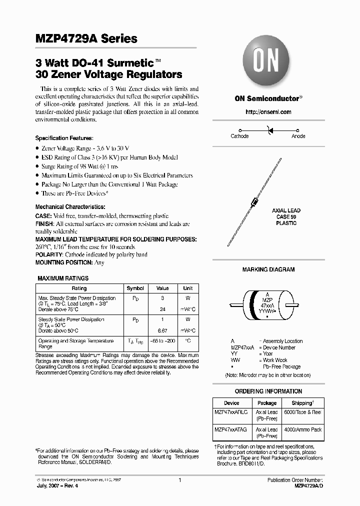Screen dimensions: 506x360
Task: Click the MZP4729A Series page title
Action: point(86,39)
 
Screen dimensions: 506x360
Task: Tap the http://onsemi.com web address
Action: point(268,112)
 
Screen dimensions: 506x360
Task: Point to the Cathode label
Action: point(239,136)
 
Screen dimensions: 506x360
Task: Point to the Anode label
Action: point(298,136)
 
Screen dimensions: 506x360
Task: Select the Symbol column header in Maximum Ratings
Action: point(135,288)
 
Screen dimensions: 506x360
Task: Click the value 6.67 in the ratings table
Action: point(162,331)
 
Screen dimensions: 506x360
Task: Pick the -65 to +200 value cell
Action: point(162,341)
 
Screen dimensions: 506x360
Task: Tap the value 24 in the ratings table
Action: point(162,309)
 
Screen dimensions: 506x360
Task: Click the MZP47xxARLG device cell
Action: point(231,412)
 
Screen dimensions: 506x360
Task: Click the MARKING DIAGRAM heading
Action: point(268,269)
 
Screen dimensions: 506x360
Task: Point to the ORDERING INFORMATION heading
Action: point(268,391)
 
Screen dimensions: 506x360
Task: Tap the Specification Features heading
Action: point(64,138)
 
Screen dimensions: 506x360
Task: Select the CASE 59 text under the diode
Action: point(286,217)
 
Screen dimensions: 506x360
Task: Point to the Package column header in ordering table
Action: point(267,403)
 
